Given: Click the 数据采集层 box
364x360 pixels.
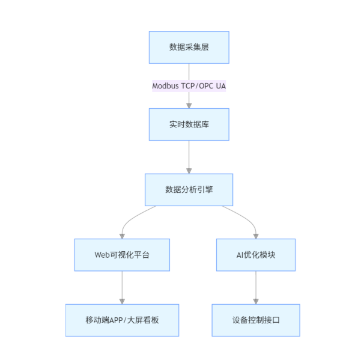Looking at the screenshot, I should [189, 47].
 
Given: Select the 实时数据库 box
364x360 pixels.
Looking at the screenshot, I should [189, 124].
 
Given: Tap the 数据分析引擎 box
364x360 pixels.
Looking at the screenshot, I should [189, 190].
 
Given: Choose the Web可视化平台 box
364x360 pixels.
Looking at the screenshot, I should [122, 255].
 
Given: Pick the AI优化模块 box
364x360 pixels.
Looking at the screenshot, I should [256, 255].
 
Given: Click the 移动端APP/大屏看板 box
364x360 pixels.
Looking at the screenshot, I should [122, 320].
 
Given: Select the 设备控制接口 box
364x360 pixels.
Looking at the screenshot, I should [256, 320].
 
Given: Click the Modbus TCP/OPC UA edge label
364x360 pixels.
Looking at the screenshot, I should [189, 86].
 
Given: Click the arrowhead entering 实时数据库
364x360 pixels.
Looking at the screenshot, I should [189, 105].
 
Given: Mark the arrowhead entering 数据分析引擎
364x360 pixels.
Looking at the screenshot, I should [189, 171].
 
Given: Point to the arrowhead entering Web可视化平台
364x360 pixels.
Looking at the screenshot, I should [122, 236].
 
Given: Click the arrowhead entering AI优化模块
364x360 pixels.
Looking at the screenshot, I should [256, 236].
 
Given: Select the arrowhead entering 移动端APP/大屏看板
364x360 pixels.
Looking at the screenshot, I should [122, 301].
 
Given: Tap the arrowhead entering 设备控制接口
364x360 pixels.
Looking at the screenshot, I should [256, 301].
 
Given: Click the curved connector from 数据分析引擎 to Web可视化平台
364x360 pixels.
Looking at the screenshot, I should [133, 217].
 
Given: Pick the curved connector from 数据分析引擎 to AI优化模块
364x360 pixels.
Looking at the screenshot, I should [244, 217].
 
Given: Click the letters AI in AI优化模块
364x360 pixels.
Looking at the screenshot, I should [240, 255].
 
